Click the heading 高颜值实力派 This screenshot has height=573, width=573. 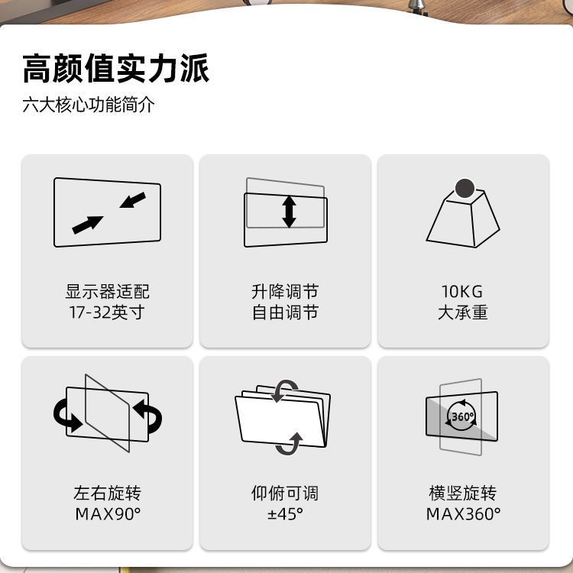(115, 69)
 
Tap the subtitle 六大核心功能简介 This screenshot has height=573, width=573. (88, 105)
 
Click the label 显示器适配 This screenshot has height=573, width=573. (107, 291)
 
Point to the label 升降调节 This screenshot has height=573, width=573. (285, 291)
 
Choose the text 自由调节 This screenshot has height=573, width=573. (285, 312)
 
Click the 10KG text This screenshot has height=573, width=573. (462, 291)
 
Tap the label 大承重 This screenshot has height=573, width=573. (462, 312)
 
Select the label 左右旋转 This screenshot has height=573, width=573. (107, 493)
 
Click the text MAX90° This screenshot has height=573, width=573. (108, 513)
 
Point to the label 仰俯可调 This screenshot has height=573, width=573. (285, 493)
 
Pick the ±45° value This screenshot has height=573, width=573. (285, 513)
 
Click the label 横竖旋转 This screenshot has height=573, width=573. (462, 493)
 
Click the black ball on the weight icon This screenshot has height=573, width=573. (463, 186)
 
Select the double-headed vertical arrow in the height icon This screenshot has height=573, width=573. (289, 212)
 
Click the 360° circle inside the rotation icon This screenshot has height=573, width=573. (462, 417)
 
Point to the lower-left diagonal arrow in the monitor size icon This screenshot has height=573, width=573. (88, 224)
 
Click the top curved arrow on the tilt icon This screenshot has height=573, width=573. (286, 390)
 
